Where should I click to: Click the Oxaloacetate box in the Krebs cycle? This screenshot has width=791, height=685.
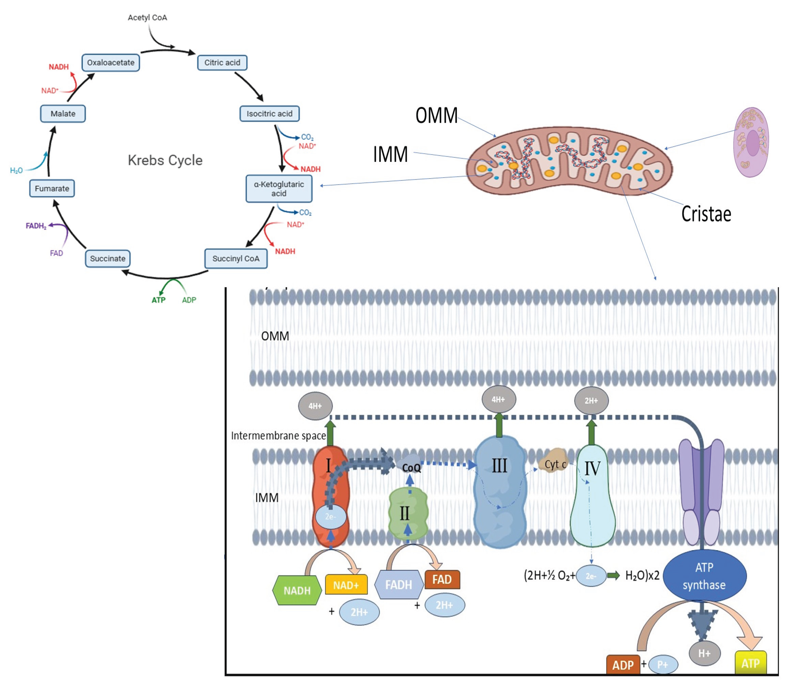(x=111, y=63)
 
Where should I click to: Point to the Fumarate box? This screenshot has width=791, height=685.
(x=52, y=188)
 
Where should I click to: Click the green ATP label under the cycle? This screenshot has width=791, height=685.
(x=159, y=300)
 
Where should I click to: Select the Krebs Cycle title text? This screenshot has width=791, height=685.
(x=165, y=160)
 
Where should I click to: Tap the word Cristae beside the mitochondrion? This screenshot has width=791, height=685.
(x=706, y=214)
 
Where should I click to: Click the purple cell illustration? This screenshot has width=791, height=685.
(x=751, y=142)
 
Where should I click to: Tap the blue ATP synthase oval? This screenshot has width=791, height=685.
(x=704, y=576)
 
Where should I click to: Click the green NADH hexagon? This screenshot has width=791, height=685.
(x=297, y=591)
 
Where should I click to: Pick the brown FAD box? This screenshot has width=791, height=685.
(x=442, y=579)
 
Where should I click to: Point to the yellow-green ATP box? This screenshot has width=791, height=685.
(x=751, y=664)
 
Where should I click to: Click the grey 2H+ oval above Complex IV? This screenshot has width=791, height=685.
(x=591, y=401)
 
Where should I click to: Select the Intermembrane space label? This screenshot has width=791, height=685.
(x=278, y=436)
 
